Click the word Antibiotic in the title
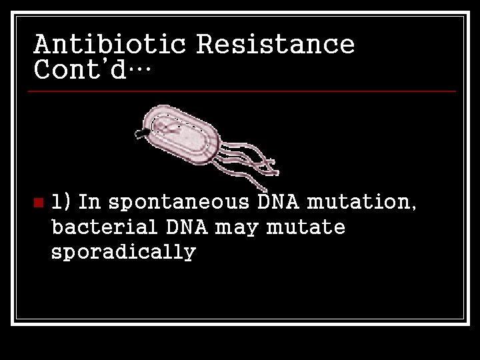[x=111, y=44]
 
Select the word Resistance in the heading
[x=275, y=44]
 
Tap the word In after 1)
[x=89, y=201]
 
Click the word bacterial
[x=104, y=227]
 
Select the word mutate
[x=305, y=227]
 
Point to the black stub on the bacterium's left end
[x=142, y=134]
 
